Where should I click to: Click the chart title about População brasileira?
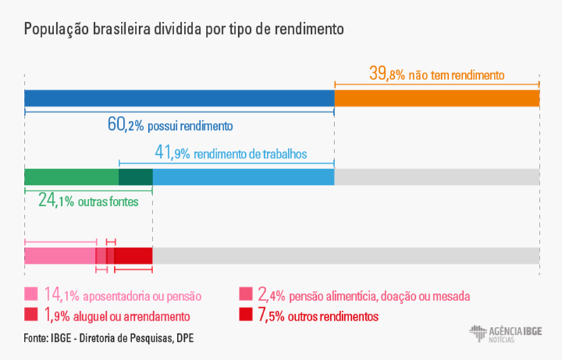(x=184, y=30)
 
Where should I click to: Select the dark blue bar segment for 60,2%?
(x=179, y=98)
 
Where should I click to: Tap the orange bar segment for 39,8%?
(x=436, y=98)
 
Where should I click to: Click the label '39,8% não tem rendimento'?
(x=437, y=74)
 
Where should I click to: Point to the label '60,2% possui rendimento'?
(x=169, y=125)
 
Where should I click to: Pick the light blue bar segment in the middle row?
(x=243, y=177)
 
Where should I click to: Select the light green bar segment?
(x=71, y=177)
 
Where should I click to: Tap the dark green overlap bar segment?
(x=136, y=177)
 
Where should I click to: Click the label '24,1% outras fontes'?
(x=88, y=201)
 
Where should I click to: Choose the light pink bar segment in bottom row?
(x=60, y=255)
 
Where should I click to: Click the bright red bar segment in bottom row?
(x=133, y=255)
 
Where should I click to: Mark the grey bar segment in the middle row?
(x=436, y=177)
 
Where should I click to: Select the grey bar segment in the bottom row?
(x=346, y=255)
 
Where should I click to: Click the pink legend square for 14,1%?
(x=31, y=294)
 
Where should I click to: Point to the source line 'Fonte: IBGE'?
(x=108, y=338)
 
